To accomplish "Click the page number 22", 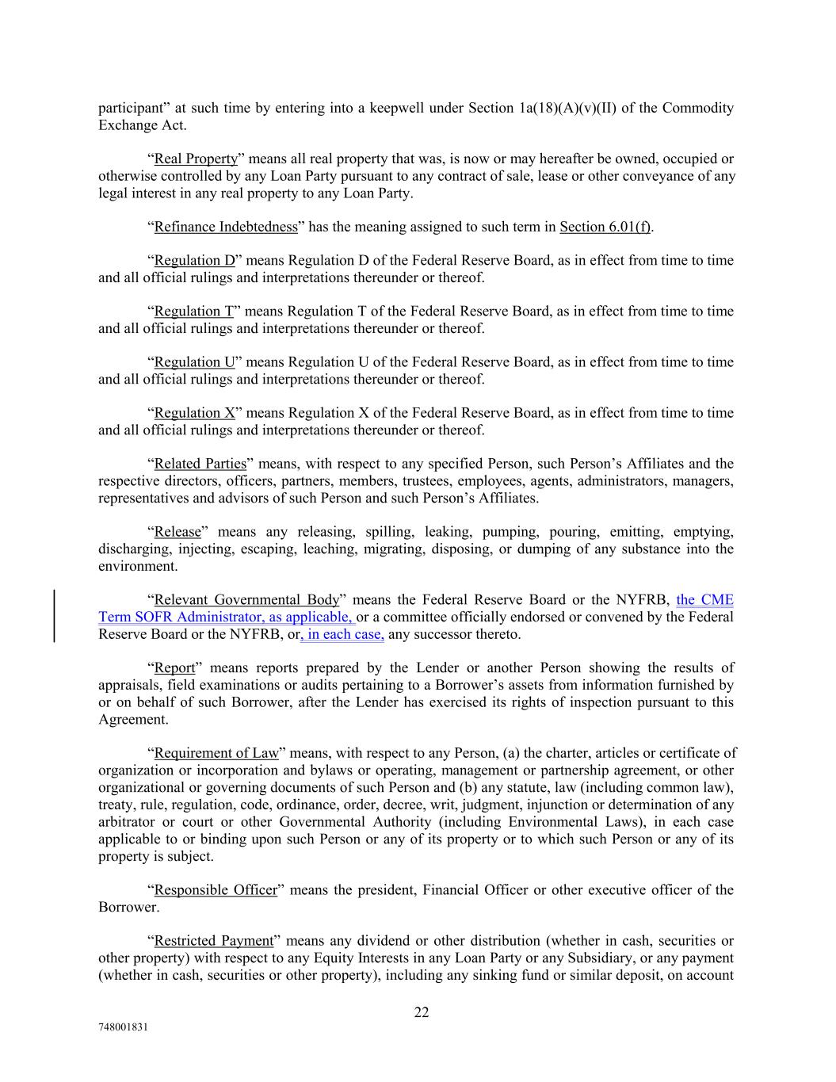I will tap(421, 1012).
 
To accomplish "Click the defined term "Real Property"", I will tap(196, 159).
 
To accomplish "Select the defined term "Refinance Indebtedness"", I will tap(226, 227).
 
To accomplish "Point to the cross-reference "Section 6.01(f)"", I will tap(605, 227).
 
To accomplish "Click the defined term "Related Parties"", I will tap(200, 463).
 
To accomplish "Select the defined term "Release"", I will tap(178, 531).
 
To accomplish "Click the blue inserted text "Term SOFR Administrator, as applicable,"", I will tap(227, 617).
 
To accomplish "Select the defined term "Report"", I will tap(174, 667).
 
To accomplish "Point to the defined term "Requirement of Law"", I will tap(216, 752).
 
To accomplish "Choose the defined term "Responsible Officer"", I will tap(216, 889).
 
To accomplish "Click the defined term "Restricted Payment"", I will tap(213, 941).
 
